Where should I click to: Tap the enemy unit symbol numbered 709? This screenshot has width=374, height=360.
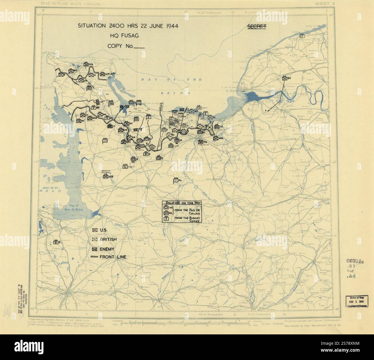86,65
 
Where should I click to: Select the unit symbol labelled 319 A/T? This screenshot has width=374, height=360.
102,75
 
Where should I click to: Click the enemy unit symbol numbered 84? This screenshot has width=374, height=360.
285,78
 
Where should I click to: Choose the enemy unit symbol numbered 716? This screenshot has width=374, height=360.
201,142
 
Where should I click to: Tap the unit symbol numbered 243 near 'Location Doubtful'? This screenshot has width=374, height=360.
106,177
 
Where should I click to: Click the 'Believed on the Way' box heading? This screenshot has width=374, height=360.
182,203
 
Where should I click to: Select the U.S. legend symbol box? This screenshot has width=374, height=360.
94,230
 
